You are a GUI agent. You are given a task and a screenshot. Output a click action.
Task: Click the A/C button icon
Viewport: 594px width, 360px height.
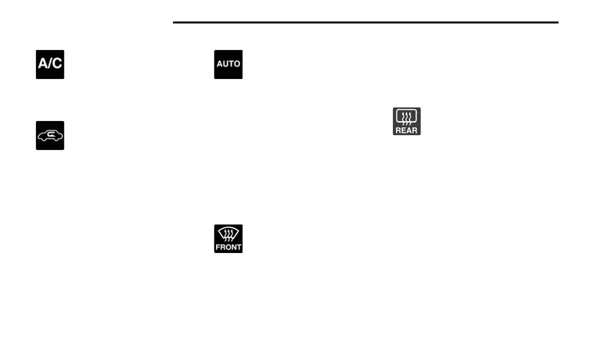point(50,64)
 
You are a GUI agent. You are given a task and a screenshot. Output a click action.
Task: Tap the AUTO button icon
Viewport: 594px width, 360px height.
point(228,64)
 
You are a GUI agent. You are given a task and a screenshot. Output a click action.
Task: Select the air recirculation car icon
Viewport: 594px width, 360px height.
point(50,135)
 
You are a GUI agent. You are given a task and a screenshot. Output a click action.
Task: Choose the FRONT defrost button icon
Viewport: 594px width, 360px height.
point(228,238)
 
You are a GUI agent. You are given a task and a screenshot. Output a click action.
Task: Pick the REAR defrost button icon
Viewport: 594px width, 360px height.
point(406,121)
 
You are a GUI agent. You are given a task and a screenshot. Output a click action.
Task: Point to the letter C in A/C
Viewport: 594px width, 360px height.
point(57,64)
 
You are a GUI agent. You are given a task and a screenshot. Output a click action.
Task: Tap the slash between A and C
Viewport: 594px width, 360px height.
point(50,64)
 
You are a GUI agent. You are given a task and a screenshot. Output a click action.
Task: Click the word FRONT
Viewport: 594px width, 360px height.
point(228,247)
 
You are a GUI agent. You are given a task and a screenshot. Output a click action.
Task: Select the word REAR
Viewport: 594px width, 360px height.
point(406,130)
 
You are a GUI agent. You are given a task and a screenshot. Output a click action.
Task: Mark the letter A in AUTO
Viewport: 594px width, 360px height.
point(219,64)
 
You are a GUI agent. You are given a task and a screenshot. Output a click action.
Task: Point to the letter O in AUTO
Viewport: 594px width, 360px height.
point(237,64)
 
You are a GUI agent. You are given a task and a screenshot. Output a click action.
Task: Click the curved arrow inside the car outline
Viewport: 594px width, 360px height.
point(51,134)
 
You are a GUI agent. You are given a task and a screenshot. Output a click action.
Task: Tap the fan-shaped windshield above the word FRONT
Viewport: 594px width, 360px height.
point(228,233)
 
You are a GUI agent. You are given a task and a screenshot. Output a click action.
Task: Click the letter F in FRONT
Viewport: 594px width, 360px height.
point(218,247)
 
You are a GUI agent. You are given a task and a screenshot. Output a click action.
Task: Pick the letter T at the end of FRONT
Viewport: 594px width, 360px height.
point(239,247)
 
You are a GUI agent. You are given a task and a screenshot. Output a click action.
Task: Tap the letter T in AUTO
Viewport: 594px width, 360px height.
point(230,64)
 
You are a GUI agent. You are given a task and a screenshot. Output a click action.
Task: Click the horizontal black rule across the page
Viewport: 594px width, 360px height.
point(365,22)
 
